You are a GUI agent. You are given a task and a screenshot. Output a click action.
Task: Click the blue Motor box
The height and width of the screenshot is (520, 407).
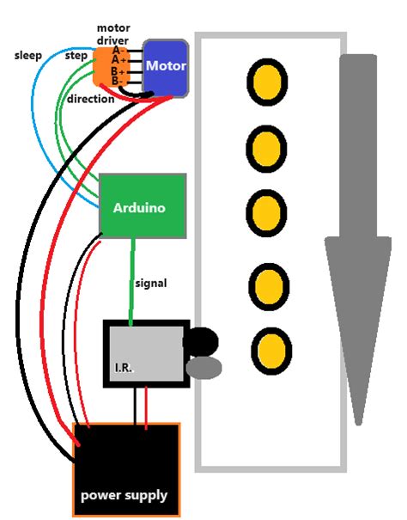coord(165,67)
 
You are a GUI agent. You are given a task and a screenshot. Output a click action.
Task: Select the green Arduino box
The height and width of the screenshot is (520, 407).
coord(143,206)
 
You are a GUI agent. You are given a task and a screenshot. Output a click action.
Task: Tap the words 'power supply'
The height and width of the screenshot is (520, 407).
coord(124,496)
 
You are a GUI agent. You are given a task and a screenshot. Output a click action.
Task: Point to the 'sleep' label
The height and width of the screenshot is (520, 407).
coord(29,56)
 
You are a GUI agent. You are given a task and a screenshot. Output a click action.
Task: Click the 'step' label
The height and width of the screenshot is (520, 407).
coord(76,56)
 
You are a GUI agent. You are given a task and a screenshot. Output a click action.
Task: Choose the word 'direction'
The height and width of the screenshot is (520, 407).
coord(90,100)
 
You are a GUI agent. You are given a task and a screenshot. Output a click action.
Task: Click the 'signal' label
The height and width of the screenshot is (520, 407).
coord(150,283)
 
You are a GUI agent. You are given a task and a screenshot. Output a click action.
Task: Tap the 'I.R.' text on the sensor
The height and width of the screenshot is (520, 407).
coord(123,367)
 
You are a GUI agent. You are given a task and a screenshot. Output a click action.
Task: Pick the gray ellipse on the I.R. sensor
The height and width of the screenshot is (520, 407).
coord(203,368)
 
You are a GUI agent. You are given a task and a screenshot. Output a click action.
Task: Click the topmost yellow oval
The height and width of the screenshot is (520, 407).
coord(267,83)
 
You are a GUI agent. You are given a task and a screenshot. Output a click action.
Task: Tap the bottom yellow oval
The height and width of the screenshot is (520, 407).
coord(271,349)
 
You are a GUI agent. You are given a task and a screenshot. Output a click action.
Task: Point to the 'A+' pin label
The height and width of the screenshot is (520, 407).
coord(119,61)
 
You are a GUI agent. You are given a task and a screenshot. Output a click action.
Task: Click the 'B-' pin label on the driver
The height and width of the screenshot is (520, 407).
coord(115,82)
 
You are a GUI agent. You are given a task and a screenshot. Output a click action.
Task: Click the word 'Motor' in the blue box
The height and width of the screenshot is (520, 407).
coord(165,65)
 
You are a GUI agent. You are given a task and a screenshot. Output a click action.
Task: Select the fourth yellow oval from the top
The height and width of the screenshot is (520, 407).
coord(270,283)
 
